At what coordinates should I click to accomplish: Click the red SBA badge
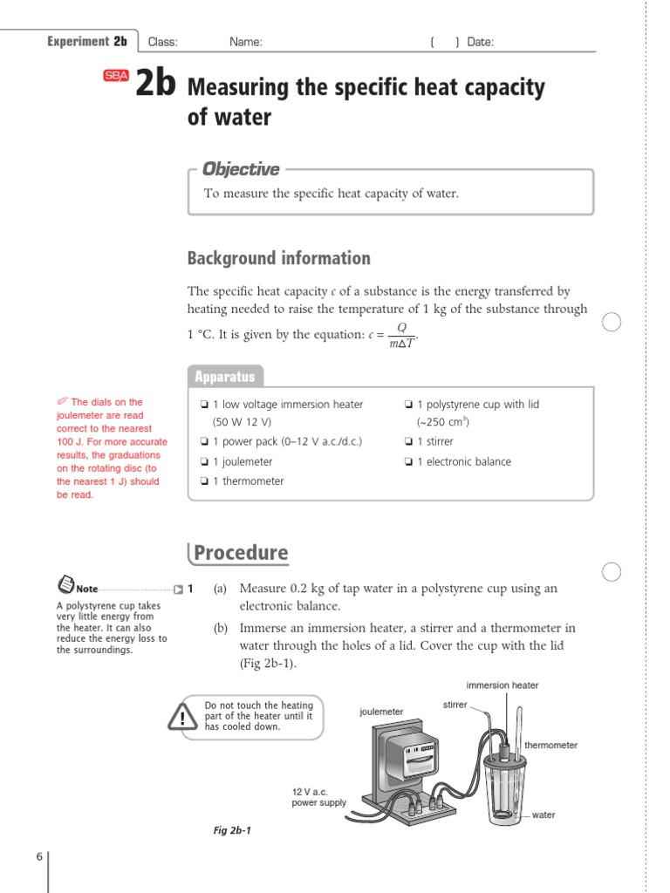[116, 76]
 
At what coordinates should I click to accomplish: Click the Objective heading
[241, 169]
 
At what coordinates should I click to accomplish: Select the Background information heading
[278, 258]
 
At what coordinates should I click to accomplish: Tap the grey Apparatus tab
[225, 377]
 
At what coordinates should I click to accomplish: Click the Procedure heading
[240, 553]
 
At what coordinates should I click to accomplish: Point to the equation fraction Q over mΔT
[401, 335]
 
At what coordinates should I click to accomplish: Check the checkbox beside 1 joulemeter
[203, 462]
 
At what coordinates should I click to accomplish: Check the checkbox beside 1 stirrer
[408, 442]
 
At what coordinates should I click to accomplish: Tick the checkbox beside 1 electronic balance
[408, 462]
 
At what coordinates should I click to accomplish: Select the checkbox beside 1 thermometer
[203, 481]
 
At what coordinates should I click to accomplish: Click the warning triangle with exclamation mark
[182, 717]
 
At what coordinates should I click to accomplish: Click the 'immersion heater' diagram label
[502, 685]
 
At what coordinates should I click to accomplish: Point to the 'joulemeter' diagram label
[381, 712]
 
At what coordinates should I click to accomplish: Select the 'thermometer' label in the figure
[550, 746]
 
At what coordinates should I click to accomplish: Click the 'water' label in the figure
[544, 815]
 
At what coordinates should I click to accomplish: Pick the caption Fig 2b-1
[232, 830]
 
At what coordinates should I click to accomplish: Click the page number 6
[39, 857]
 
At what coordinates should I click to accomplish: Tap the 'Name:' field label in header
[245, 42]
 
